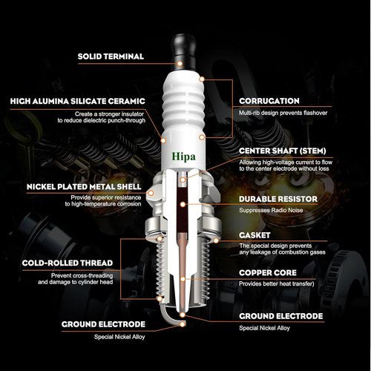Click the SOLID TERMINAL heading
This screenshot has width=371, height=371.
[x=111, y=56]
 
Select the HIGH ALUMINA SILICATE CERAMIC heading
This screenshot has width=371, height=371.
[x=78, y=101]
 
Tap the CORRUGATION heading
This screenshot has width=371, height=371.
[x=269, y=101]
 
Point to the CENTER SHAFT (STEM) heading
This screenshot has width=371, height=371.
[x=283, y=151]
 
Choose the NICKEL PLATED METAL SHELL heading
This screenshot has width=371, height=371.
[x=84, y=187]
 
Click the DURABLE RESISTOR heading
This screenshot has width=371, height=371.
[x=278, y=199]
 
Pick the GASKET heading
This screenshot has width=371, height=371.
[x=255, y=235]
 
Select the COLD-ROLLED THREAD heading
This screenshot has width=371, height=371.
[x=68, y=263]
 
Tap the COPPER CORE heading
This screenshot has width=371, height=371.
[x=268, y=273]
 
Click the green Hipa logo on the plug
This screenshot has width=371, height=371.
[x=183, y=157]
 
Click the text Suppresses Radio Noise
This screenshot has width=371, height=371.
[x=271, y=210]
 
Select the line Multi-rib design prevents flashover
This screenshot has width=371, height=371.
[x=283, y=113]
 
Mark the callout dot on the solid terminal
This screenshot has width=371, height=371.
[x=180, y=64]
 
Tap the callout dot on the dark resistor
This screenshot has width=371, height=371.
[x=183, y=205]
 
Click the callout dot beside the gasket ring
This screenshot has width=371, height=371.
[x=216, y=240]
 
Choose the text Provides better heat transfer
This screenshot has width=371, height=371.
[x=276, y=283]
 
